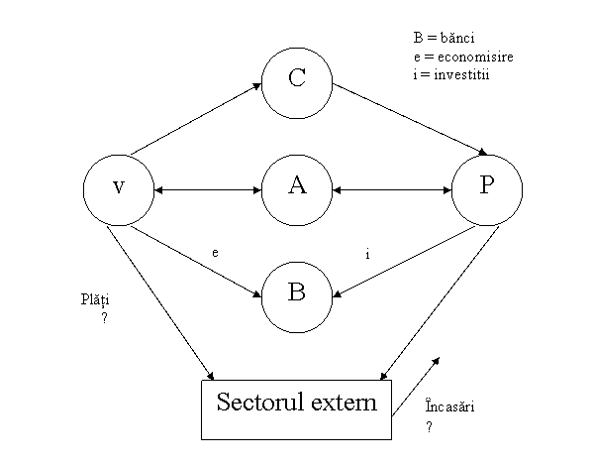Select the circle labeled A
click(296, 185)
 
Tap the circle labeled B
click(296, 292)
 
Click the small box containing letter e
click(214, 252)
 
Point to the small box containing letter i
click(367, 255)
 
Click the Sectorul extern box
click(297, 408)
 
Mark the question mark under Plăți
click(103, 318)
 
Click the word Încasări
click(449, 407)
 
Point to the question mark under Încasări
click(429, 426)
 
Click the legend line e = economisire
click(463, 57)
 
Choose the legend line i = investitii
click(454, 73)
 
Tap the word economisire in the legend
click(478, 57)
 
